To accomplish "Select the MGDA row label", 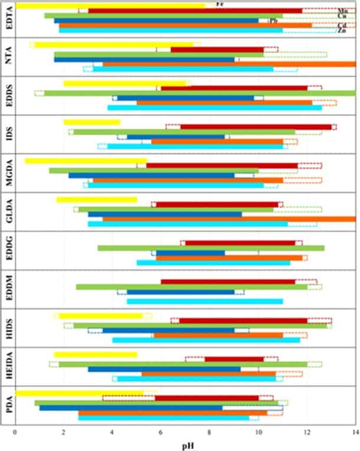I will [x=6, y=173].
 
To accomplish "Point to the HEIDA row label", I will [x=6, y=366].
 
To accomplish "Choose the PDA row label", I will [x=6, y=405].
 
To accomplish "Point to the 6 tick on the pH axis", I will [x=161, y=433].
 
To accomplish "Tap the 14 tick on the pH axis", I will [x=355, y=433].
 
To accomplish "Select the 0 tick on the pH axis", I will [x=15, y=433].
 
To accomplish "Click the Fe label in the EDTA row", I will [x=220, y=4].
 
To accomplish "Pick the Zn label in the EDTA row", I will [x=342, y=30].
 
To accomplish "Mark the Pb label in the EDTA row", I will [x=273, y=21].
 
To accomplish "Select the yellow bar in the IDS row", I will [x=91, y=122].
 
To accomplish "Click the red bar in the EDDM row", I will [x=228, y=282].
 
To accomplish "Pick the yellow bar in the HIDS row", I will [x=100, y=315].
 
